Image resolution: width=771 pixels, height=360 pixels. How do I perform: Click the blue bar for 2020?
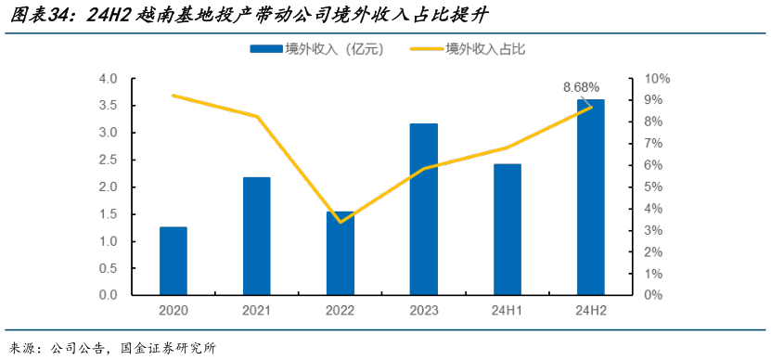pyautogui.click(x=173, y=261)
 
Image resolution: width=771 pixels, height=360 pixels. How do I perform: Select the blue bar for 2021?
pyautogui.click(x=257, y=236)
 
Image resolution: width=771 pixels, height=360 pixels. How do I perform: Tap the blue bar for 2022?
pyautogui.click(x=341, y=253)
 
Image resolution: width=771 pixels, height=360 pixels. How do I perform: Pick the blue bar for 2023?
pyautogui.click(x=424, y=209)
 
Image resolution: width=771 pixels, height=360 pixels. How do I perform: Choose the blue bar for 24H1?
pyautogui.click(x=508, y=229)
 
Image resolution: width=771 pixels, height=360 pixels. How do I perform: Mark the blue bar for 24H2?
pyautogui.click(x=591, y=197)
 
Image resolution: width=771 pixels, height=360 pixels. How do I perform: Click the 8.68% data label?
pyautogui.click(x=582, y=86)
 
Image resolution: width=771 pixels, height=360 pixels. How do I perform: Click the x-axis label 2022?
pyautogui.click(x=341, y=311)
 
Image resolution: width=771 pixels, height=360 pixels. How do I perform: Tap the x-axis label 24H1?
pyautogui.click(x=508, y=311)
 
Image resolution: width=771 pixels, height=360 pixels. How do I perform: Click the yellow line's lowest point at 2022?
pyautogui.click(x=341, y=222)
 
